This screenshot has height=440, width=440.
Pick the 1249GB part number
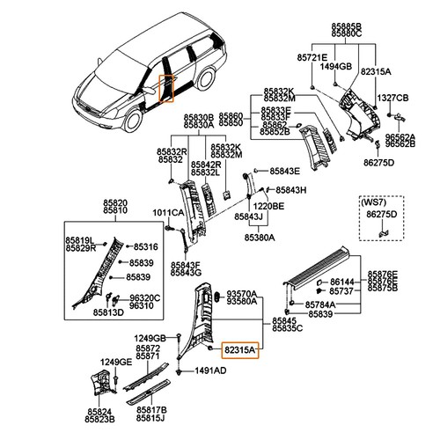tap(150, 338)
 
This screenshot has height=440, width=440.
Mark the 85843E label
tap(285, 171)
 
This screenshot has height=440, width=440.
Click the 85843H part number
tap(290, 190)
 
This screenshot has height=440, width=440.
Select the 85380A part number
tap(260, 238)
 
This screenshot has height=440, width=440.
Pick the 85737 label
tap(341, 290)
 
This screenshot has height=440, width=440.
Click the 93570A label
tap(241, 292)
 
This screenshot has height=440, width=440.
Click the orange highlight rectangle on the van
tap(165, 88)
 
